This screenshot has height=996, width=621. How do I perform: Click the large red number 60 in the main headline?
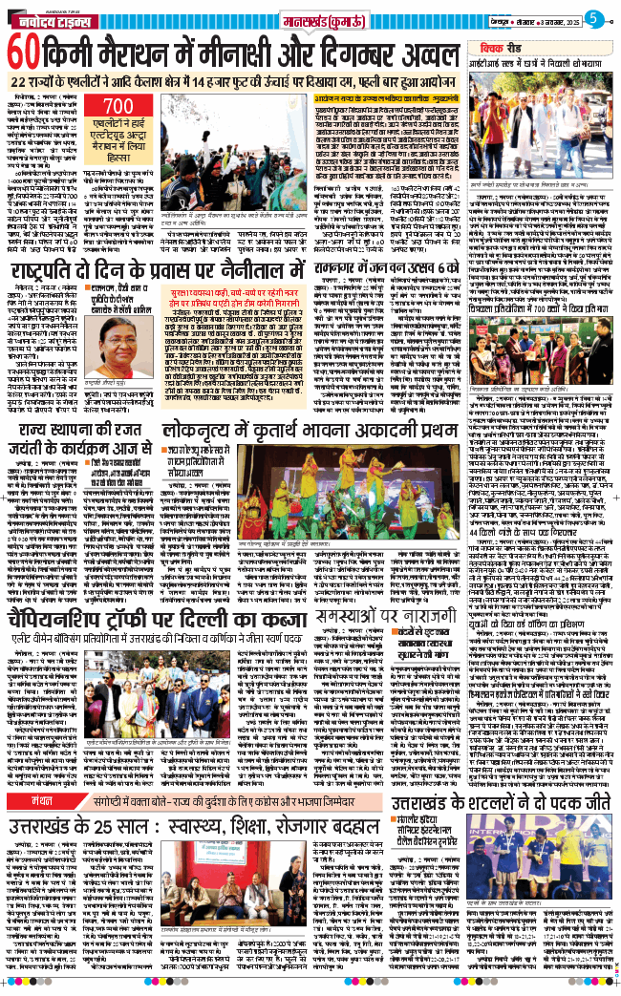point(26,51)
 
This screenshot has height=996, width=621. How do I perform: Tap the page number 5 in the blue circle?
point(593,17)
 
